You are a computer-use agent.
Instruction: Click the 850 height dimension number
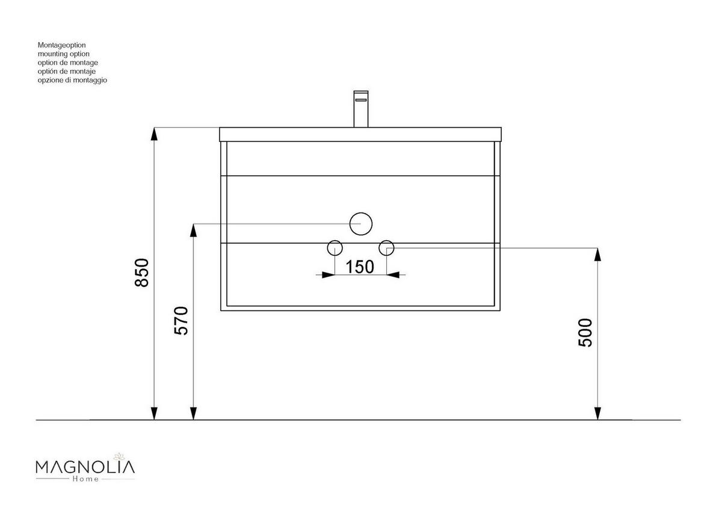pyautogui.click(x=142, y=273)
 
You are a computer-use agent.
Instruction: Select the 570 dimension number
pyautogui.click(x=181, y=321)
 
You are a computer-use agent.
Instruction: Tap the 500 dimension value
pyautogui.click(x=585, y=333)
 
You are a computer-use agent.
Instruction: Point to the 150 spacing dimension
pyautogui.click(x=360, y=267)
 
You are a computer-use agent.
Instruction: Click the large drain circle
pyautogui.click(x=360, y=213)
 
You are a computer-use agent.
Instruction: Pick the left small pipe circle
pyautogui.click(x=335, y=241)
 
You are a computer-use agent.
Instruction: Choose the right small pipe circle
pyautogui.click(x=386, y=241)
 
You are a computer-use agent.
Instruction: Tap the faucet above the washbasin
pyautogui.click(x=361, y=109)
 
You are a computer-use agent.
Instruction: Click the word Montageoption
pyautogui.click(x=61, y=45)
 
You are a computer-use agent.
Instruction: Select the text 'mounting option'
pyautogui.click(x=64, y=54)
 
